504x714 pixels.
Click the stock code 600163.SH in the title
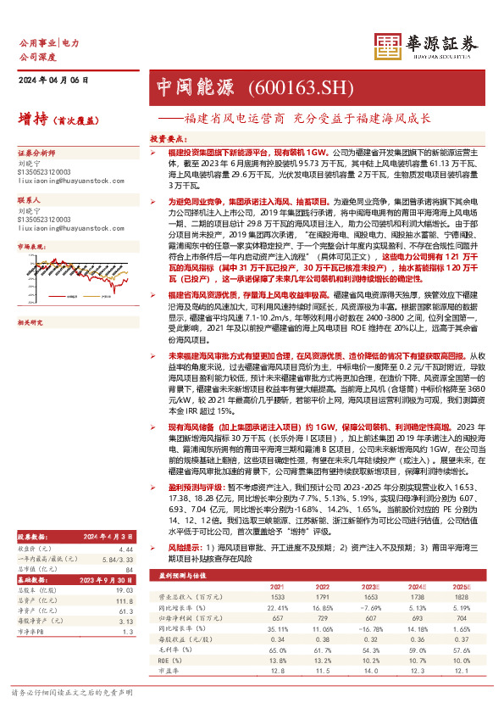(291, 86)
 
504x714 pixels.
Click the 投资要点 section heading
(168, 137)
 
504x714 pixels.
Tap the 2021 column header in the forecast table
(277, 609)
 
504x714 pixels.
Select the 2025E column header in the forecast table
(460, 609)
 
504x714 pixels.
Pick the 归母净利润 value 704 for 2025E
(460, 641)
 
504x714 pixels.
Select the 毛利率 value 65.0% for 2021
(277, 672)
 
